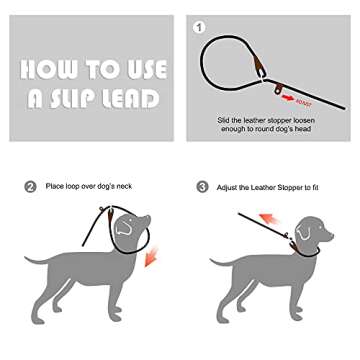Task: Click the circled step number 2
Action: (x=30, y=186)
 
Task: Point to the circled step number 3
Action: (x=202, y=186)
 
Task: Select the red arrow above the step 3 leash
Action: (x=270, y=217)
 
